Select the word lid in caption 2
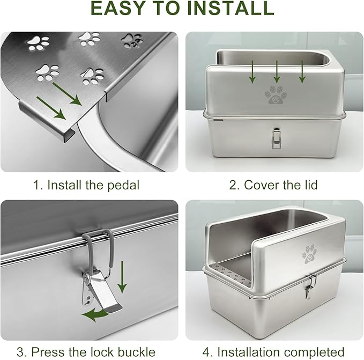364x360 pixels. pos(309,186)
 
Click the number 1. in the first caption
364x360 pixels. pos(38,186)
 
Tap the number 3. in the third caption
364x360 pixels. pos(21,352)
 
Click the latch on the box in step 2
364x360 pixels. pos(277,137)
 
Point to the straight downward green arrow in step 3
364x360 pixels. pos(122,276)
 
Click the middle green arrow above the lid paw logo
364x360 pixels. pos(277,72)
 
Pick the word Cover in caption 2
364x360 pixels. pos(262,186)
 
